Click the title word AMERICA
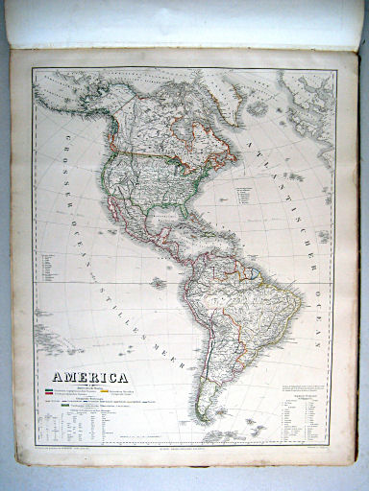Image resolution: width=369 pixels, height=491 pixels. coord(92,378)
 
